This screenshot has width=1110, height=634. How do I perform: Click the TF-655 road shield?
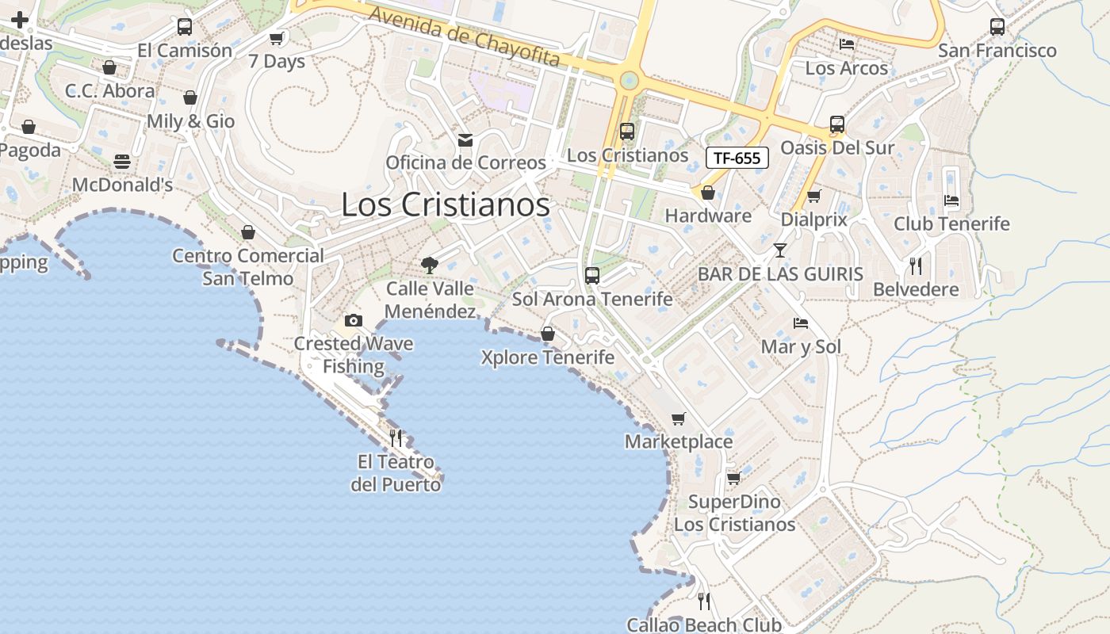click(x=737, y=158)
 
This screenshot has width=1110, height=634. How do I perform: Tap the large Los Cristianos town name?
click(x=445, y=204)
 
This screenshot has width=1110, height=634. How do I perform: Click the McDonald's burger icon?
click(x=121, y=162)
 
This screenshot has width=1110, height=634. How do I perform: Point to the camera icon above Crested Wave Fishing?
click(x=354, y=321)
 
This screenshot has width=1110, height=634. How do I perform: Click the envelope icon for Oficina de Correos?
click(x=465, y=140)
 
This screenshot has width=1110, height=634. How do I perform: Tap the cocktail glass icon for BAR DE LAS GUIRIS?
click(x=780, y=250)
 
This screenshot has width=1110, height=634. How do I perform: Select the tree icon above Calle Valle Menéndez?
click(x=430, y=265)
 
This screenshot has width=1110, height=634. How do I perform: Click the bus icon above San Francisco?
click(x=997, y=27)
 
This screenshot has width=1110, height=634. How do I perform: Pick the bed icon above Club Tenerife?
click(x=951, y=201)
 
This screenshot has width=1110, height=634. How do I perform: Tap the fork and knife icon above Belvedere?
click(x=916, y=265)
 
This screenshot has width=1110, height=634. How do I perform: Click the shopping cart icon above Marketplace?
click(x=678, y=418)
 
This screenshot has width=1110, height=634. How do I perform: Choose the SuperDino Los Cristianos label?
click(x=734, y=513)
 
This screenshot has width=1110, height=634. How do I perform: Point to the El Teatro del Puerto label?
click(x=396, y=472)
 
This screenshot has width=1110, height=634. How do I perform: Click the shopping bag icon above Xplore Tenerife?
click(x=547, y=334)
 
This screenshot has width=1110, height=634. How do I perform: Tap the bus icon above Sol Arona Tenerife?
click(x=591, y=276)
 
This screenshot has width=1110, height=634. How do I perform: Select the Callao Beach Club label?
click(x=704, y=624)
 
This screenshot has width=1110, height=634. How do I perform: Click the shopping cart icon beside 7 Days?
click(x=276, y=38)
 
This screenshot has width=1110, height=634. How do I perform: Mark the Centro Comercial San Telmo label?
click(x=248, y=267)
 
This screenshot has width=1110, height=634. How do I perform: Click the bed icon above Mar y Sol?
click(x=801, y=323)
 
